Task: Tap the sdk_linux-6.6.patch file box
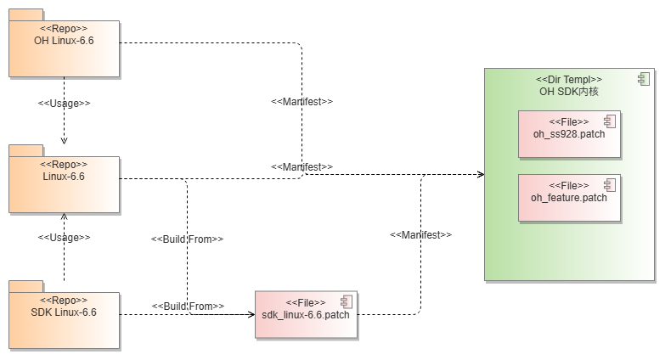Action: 306,315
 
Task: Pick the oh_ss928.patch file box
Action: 569,134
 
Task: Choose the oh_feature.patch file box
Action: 569,198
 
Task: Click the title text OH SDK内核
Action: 569,91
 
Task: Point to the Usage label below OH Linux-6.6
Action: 64,103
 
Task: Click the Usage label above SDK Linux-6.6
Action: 64,238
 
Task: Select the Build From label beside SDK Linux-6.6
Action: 188,306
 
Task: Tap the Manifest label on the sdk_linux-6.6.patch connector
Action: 420,233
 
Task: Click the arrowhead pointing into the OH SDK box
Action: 480,174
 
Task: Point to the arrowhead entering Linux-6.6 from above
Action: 64,140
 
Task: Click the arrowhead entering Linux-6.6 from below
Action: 64,217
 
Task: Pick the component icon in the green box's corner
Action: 643,79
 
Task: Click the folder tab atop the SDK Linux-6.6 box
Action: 26,284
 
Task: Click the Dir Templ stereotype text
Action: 569,79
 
